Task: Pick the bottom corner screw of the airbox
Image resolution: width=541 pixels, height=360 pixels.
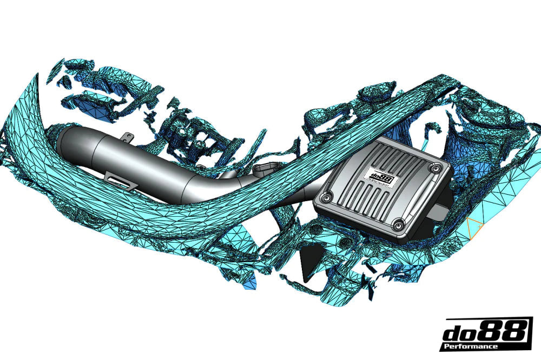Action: point(399,223)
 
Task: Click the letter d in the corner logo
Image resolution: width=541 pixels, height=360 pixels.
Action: point(455,332)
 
